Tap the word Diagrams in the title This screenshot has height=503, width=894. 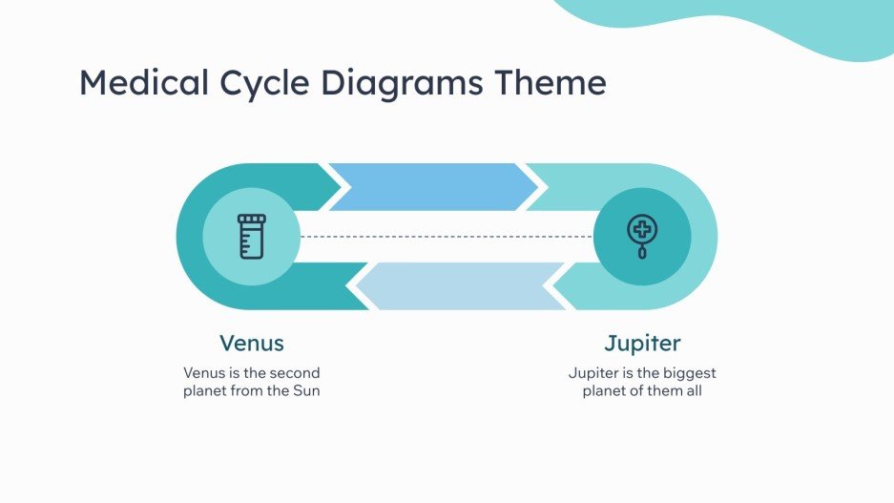403,84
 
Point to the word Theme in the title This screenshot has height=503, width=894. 550,83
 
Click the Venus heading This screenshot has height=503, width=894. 252,343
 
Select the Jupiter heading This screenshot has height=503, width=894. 642,343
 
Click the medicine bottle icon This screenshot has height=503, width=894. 252,236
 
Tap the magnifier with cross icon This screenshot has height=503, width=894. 642,235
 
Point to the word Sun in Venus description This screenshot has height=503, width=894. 306,391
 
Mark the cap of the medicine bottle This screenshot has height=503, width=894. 252,220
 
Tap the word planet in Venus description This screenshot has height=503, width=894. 205,391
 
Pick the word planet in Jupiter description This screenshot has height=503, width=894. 605,391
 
